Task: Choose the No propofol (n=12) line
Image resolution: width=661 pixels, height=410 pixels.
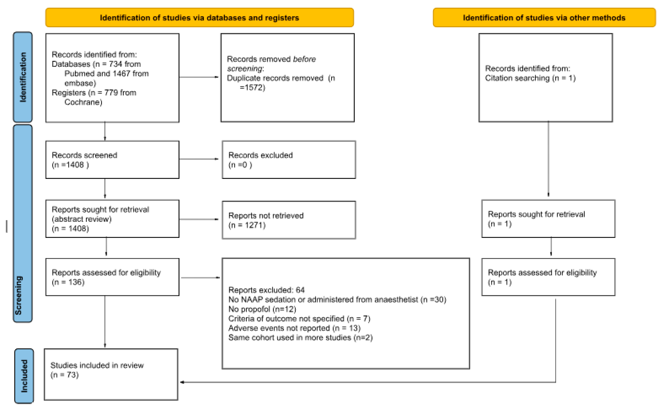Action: tap(262, 309)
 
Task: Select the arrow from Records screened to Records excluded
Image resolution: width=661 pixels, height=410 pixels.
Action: tap(199, 159)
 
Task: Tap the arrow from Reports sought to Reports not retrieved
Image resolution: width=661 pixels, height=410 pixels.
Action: tap(199, 219)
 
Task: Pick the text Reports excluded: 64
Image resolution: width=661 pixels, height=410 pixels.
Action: tap(266, 290)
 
